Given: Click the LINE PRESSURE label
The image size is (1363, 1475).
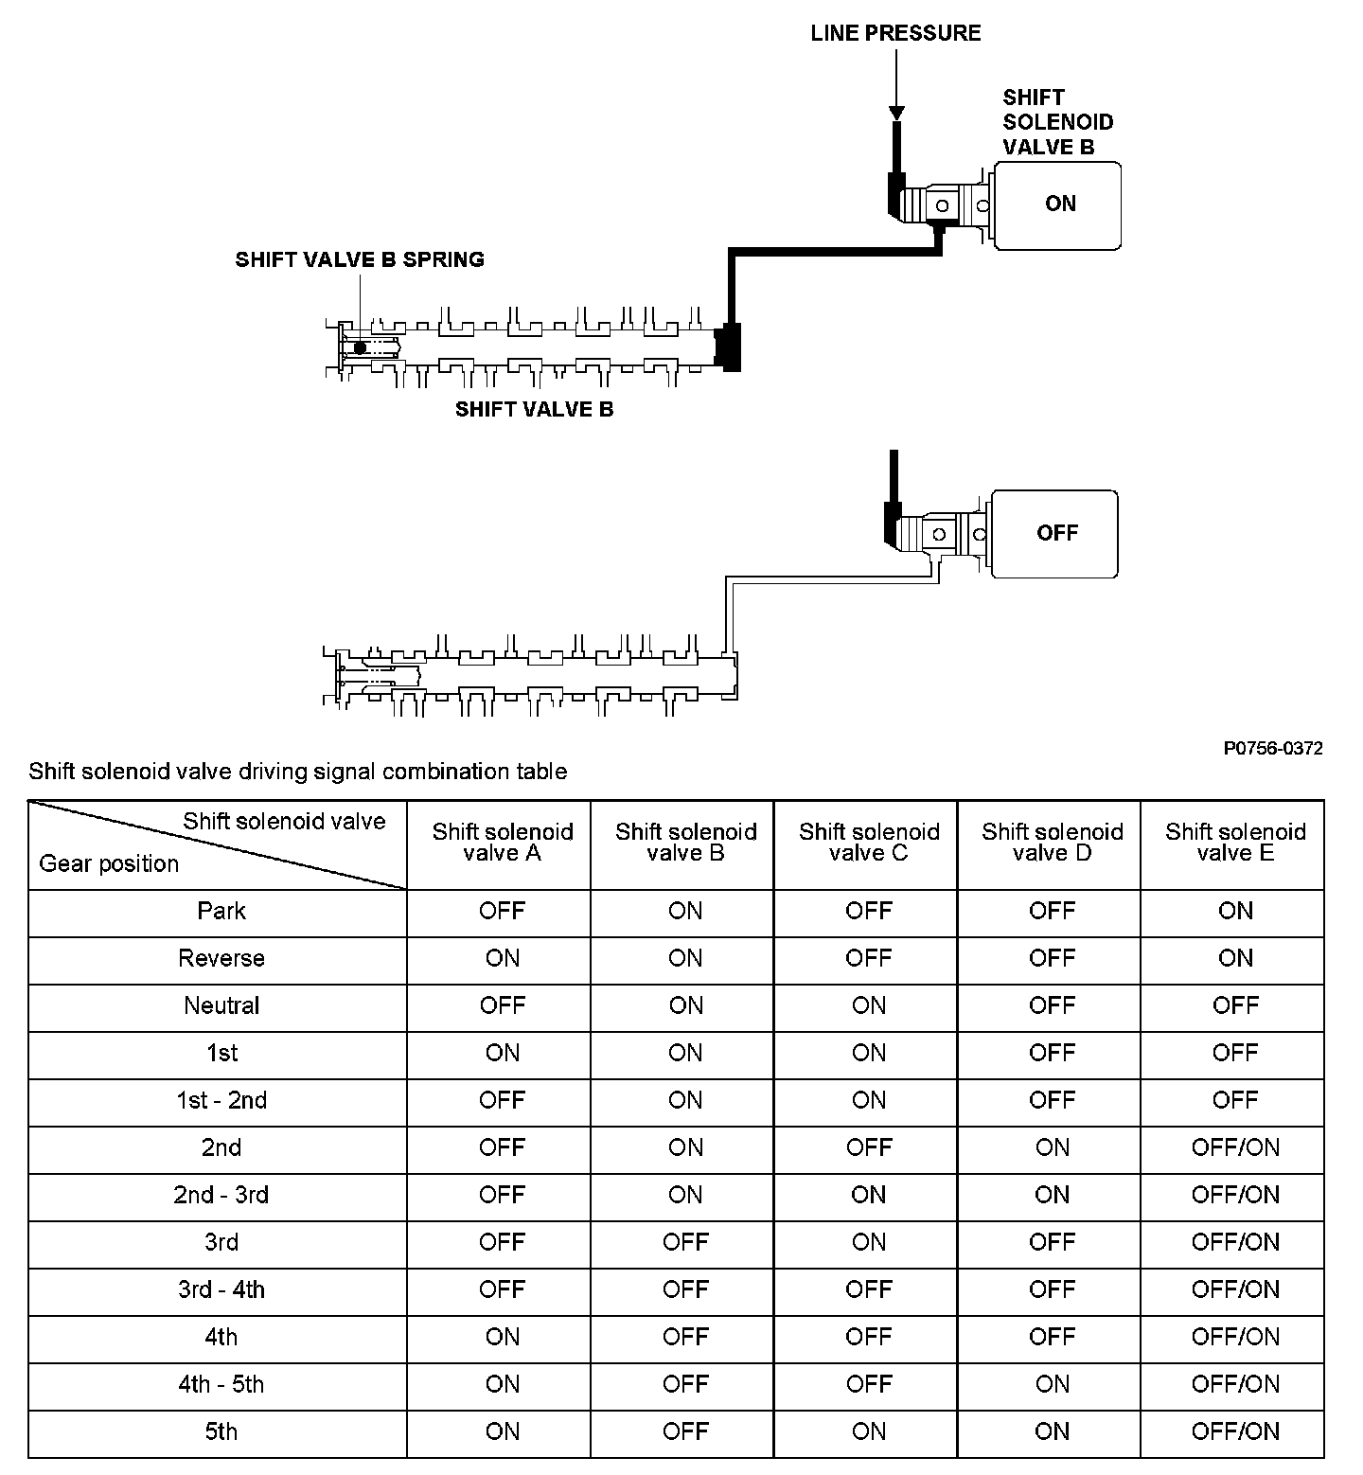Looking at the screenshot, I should click(895, 33).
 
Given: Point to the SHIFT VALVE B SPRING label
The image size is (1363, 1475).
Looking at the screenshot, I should click(360, 259).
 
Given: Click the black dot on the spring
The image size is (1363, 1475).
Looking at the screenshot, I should click(360, 347).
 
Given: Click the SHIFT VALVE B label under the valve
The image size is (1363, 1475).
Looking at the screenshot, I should click(534, 409).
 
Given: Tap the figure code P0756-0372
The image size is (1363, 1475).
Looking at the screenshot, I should click(1272, 749).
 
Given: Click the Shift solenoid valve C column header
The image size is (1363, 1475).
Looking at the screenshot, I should click(869, 843).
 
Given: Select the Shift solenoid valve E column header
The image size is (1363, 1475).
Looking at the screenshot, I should click(1235, 843).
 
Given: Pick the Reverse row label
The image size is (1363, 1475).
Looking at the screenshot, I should click(221, 958).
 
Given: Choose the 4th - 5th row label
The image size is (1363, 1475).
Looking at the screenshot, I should click(221, 1384).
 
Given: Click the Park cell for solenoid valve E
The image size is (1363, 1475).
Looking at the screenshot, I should click(1235, 911).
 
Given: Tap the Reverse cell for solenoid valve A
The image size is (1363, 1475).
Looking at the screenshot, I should click(503, 958).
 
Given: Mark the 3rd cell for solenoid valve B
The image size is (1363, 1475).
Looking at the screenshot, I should click(685, 1242).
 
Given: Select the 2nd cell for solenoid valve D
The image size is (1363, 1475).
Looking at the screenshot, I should click(1053, 1147).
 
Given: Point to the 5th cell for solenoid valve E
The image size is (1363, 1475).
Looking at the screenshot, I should click(1235, 1431).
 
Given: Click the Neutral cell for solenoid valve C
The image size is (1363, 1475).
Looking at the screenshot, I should click(869, 1005).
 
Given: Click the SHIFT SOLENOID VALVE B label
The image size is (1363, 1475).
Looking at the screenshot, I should click(1057, 122).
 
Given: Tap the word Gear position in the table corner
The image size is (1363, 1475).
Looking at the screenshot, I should click(109, 863).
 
